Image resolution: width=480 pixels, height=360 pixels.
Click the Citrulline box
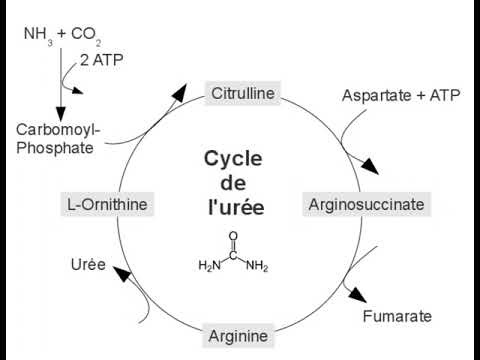tap(243, 94)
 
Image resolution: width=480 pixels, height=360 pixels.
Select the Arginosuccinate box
tap(366, 205)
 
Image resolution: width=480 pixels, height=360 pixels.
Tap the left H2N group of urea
tap(208, 266)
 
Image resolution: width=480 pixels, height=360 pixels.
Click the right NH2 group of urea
tap(257, 266)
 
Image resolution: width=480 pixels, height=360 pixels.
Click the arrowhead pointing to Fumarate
tap(358, 294)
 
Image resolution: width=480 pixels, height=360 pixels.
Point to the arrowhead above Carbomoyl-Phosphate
tap(61, 112)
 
